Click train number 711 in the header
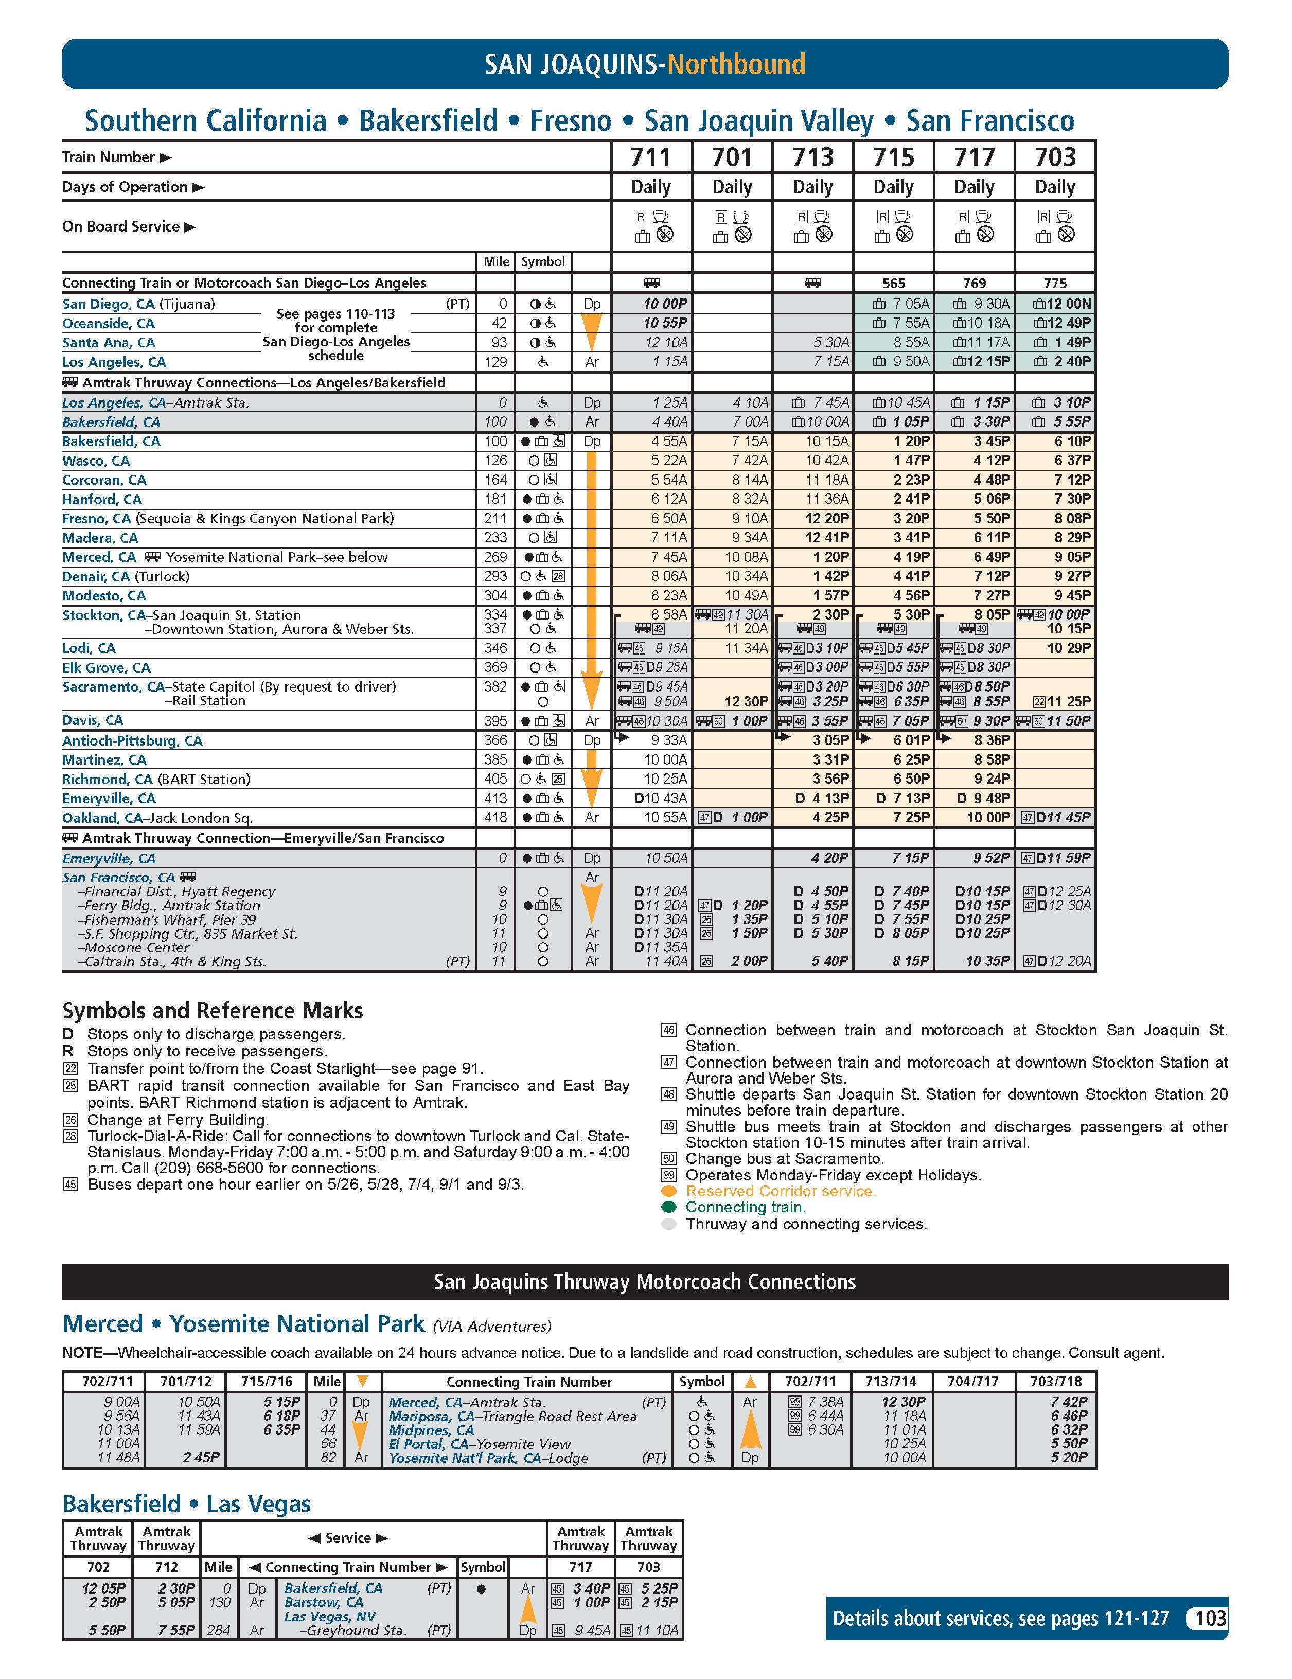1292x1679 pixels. click(x=651, y=157)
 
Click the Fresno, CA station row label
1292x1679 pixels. click(x=97, y=519)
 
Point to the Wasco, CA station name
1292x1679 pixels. click(x=96, y=461)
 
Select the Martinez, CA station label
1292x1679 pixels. click(x=104, y=759)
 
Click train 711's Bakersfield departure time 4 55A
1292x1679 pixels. click(x=669, y=441)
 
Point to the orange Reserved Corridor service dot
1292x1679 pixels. click(x=669, y=1191)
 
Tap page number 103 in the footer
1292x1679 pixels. click(x=1211, y=1618)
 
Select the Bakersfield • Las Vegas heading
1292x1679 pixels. click(x=187, y=1504)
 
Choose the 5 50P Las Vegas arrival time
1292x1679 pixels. click(x=103, y=1630)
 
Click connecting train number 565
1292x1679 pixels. click(x=893, y=283)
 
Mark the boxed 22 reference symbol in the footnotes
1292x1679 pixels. click(x=70, y=1069)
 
